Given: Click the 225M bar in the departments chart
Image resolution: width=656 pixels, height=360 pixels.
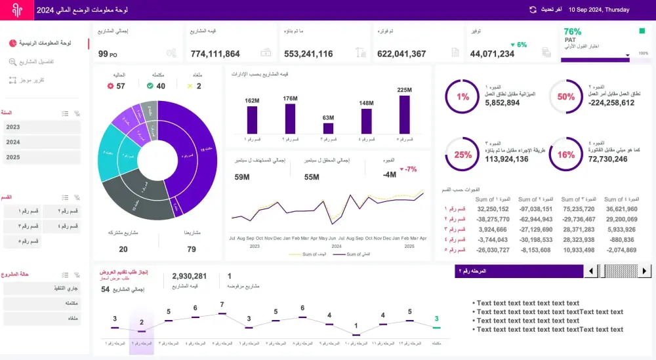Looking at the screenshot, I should pos(404,115).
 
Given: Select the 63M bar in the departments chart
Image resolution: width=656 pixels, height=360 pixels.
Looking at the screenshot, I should pos(328,129).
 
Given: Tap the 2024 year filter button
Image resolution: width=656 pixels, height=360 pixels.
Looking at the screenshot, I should pos(42,142).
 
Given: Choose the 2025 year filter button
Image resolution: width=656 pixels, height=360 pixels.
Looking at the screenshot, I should pos(42,157).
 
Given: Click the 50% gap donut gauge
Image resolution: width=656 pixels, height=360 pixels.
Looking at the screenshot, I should pos(565,97).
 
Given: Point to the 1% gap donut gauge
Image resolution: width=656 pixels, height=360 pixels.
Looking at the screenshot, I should pos(462,97).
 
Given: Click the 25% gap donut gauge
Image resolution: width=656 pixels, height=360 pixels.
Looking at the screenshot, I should pos(462,155).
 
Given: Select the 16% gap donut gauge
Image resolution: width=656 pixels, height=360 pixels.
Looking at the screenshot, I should pos(565,155).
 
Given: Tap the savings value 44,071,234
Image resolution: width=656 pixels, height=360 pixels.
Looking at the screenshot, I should pos(492,54).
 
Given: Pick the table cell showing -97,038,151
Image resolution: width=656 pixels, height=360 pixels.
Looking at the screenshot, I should pos(535,209).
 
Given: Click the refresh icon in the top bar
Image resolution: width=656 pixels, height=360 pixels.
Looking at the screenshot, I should pos(533,10).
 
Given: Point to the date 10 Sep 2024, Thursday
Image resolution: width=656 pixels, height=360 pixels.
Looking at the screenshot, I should pos(598,10).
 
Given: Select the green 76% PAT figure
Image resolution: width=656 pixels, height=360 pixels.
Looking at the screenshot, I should pos(572,31).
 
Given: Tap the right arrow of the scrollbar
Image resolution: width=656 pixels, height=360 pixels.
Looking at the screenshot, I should pos(645,271).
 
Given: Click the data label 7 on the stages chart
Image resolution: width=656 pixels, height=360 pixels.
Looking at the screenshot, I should pos(222,305).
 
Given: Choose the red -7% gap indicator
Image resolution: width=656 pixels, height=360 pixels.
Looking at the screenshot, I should pos(411,169).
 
